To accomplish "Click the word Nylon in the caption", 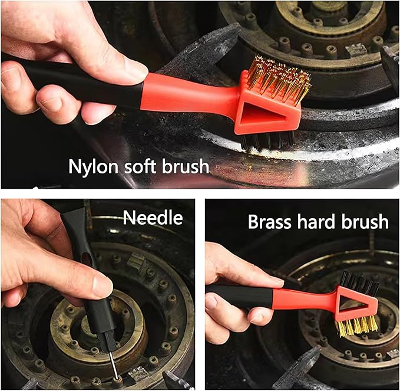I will [92, 167].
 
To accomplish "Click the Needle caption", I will [153, 219].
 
